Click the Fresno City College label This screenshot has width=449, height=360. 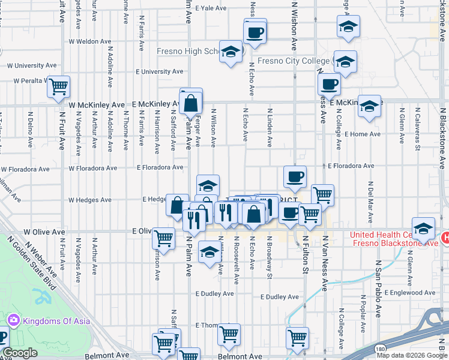(x=293, y=61)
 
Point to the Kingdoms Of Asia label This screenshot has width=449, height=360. (x=57, y=321)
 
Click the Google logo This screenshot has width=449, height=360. (x=20, y=353)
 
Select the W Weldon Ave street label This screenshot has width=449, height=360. (x=90, y=42)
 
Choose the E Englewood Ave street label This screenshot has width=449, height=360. (x=412, y=293)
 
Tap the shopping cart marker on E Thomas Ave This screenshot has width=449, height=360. (x=229, y=334)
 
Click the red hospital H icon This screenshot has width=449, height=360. (x=445, y=238)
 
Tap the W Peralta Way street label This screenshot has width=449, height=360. (x=31, y=80)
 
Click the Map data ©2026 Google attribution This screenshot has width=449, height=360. (x=411, y=355)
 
